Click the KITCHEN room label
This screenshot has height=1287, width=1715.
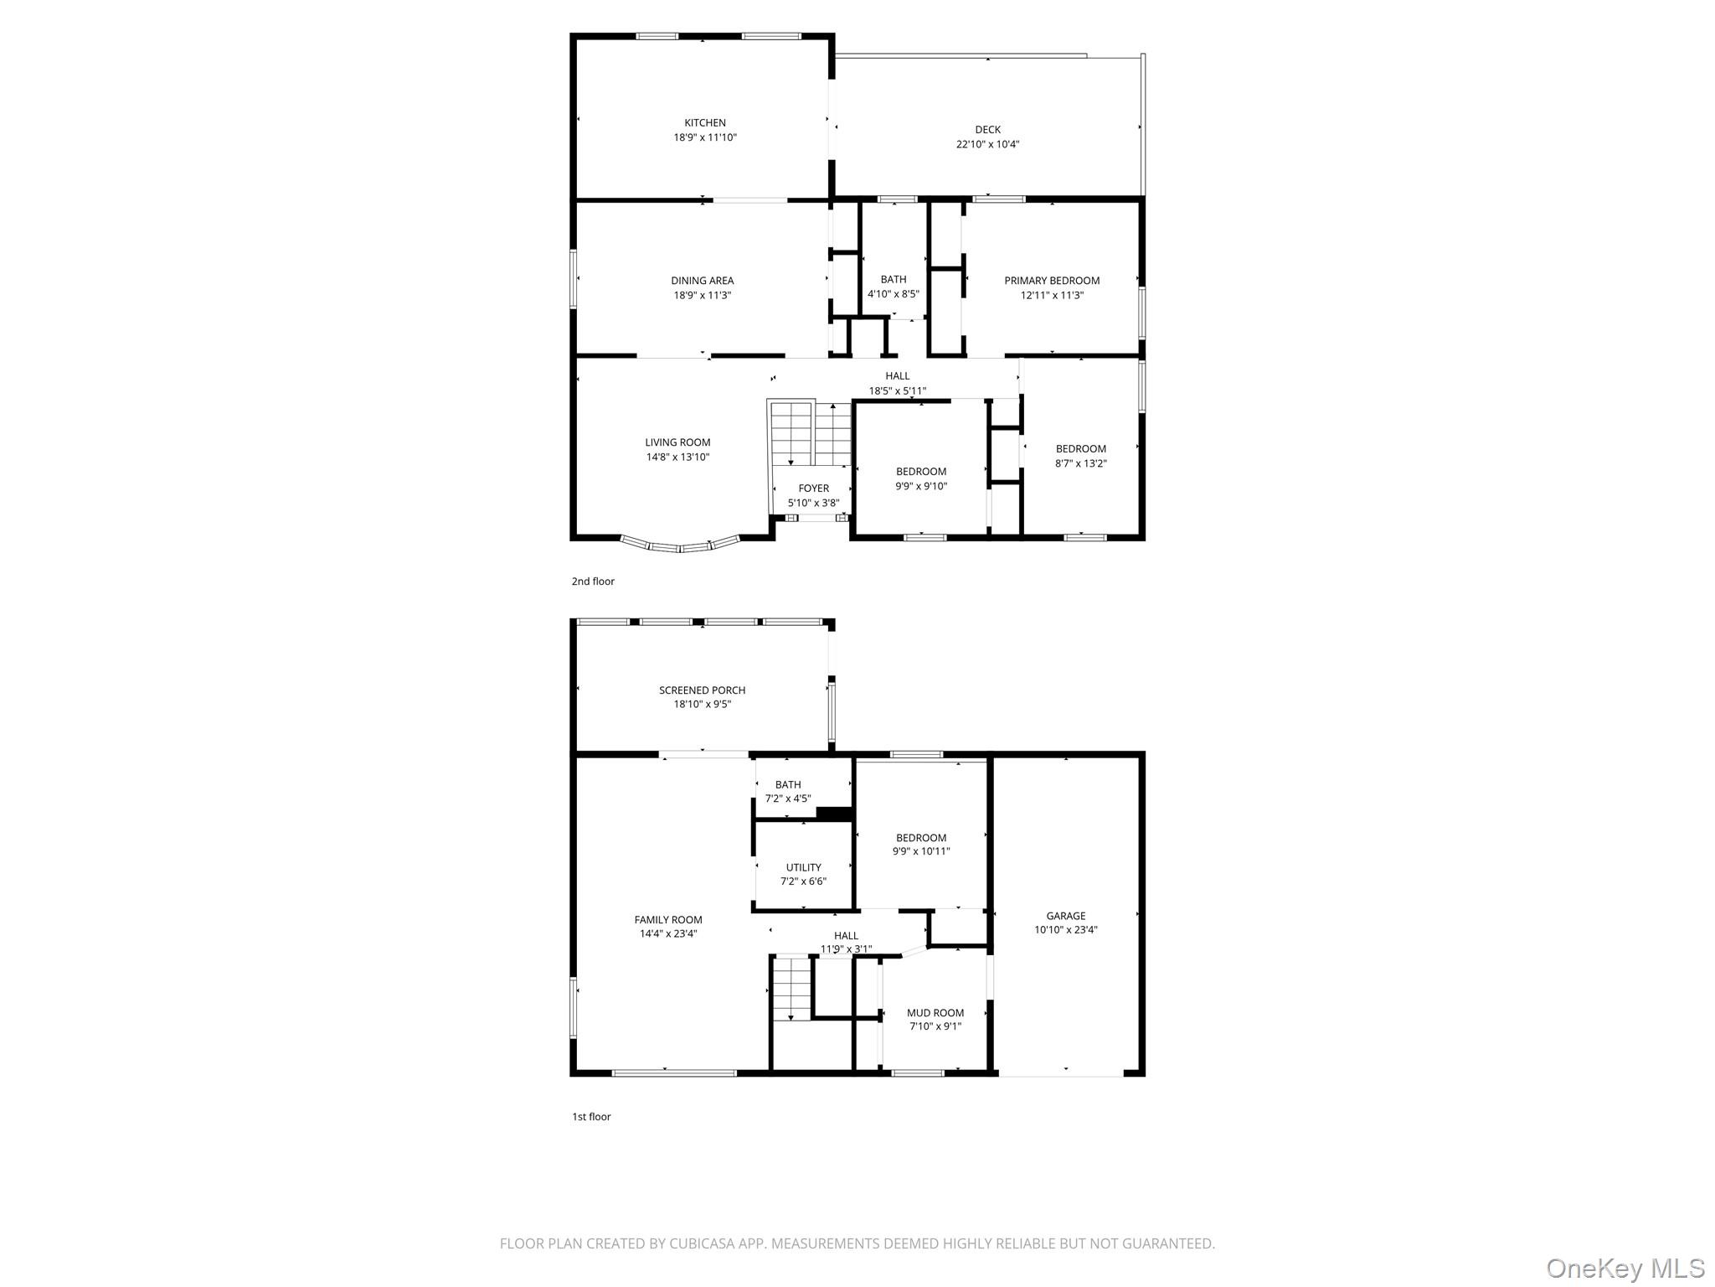pos(705,123)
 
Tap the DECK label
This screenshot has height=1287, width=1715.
pos(988,130)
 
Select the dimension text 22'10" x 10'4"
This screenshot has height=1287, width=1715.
pos(988,144)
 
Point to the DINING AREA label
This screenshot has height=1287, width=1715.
pos(703,281)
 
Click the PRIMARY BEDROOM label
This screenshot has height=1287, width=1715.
pos(1053,281)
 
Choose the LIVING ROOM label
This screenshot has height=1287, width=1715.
pos(678,442)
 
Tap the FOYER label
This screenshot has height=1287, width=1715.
pos(814,488)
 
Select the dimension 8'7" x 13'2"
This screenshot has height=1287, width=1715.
pos(1081,463)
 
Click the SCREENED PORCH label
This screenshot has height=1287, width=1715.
pos(703,690)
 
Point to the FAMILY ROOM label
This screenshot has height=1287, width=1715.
pos(668,920)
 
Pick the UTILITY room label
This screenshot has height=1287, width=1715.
pos(804,867)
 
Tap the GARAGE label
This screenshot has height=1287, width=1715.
pos(1066,916)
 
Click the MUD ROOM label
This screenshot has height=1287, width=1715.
pos(936,1012)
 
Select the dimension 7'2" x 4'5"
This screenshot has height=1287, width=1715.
pos(788,799)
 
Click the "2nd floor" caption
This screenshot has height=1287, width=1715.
pos(593,581)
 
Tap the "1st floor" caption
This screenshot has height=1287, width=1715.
pos(591,1117)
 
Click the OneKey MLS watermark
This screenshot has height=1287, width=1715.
pos(1625,1268)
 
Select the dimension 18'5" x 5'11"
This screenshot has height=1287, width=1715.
pos(898,390)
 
